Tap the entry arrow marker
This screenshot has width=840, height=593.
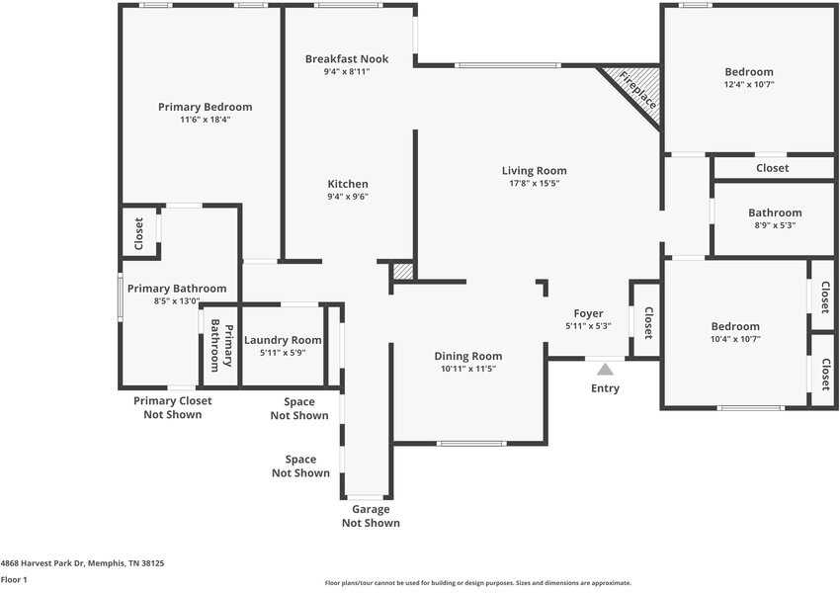(x=605, y=369)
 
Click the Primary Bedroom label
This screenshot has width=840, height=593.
(x=205, y=107)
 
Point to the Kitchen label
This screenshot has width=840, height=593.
(x=348, y=184)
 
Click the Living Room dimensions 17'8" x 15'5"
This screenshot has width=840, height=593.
(x=534, y=184)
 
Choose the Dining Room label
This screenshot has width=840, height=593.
(x=468, y=356)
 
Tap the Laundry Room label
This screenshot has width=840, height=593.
(x=283, y=340)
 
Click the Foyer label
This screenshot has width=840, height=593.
(x=588, y=313)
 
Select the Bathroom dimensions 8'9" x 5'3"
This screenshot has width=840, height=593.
(x=775, y=225)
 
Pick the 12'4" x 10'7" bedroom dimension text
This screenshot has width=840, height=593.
(x=748, y=85)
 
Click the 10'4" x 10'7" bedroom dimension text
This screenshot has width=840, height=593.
(x=735, y=339)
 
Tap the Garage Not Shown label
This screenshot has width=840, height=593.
(x=371, y=516)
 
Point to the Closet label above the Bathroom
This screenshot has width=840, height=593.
(x=772, y=168)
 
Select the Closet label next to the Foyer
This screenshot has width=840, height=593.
(x=648, y=322)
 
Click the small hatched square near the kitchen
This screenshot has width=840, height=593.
(x=402, y=271)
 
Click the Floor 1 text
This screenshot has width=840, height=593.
(x=14, y=579)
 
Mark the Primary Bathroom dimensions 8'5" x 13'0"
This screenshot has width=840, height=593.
(x=177, y=301)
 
